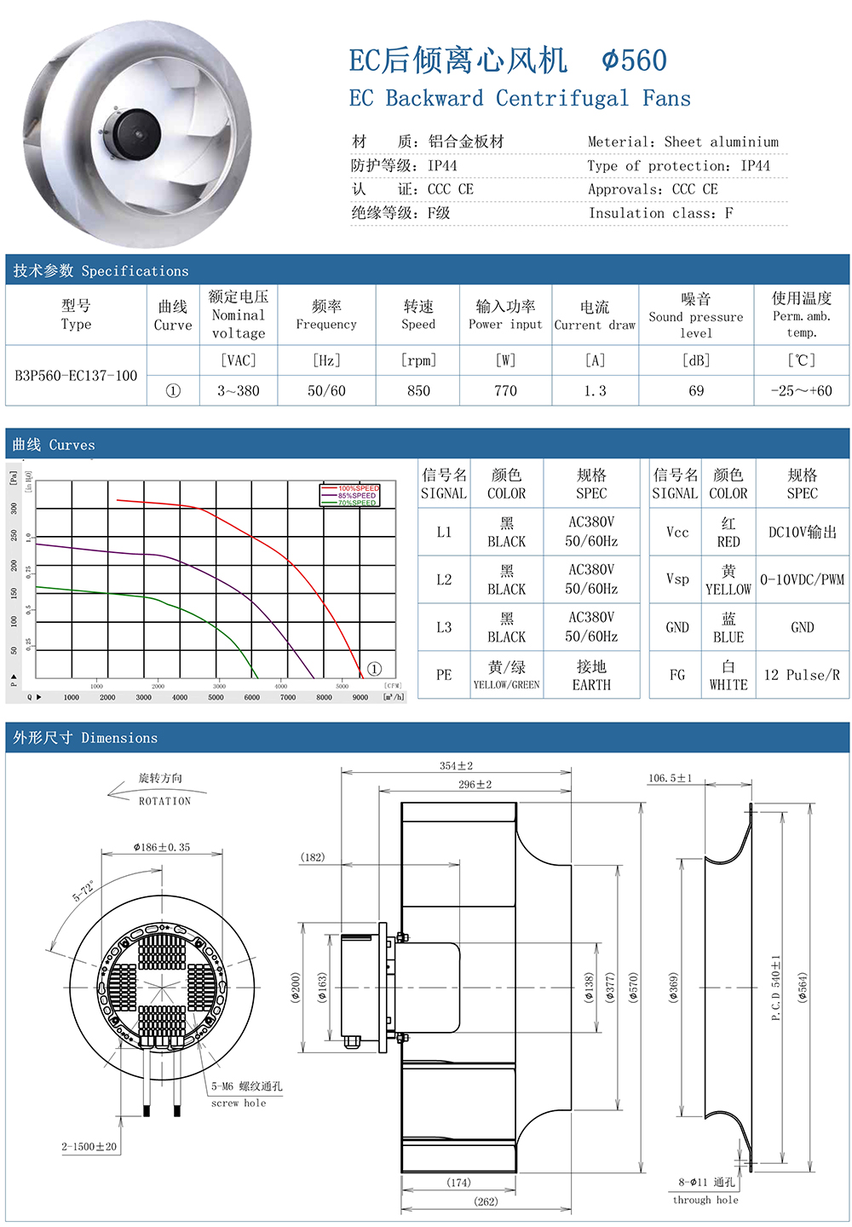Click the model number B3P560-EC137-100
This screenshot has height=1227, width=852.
point(76,376)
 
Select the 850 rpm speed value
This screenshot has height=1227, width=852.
point(418,391)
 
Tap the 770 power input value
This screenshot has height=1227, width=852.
point(505,391)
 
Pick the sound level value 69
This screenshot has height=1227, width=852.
point(696,391)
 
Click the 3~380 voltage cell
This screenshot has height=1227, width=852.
point(239,391)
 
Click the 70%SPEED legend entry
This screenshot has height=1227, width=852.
point(357,503)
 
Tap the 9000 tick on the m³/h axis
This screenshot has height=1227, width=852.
point(360,697)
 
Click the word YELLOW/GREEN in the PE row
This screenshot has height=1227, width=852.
point(506,685)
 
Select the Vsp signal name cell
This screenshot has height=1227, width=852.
point(677,579)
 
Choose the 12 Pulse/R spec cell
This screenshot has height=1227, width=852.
point(802,675)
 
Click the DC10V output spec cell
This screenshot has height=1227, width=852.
point(802,533)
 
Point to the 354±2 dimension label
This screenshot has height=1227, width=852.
point(456,766)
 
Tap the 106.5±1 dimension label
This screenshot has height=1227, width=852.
point(670,778)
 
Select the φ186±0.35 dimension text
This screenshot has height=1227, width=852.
point(162,847)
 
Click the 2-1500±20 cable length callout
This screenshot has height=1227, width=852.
point(89,1147)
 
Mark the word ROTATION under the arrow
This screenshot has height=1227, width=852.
point(165,802)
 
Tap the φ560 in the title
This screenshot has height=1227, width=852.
point(634,60)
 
